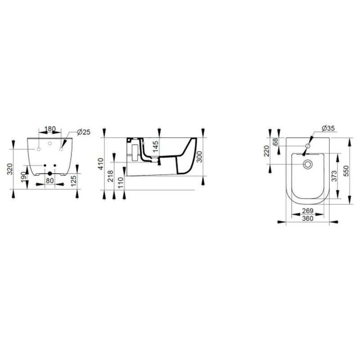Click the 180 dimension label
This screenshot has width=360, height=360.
[50, 129]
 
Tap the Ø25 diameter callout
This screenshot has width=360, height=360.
[84, 132]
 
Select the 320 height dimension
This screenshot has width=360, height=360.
[10, 169]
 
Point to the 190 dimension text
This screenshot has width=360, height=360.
[24, 177]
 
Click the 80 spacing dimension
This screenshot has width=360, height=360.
[50, 181]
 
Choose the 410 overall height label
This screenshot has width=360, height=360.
[101, 164]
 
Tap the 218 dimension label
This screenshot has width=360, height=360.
[111, 176]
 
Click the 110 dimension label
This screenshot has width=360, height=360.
[121, 183]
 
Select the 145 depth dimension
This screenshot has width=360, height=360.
[156, 147]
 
